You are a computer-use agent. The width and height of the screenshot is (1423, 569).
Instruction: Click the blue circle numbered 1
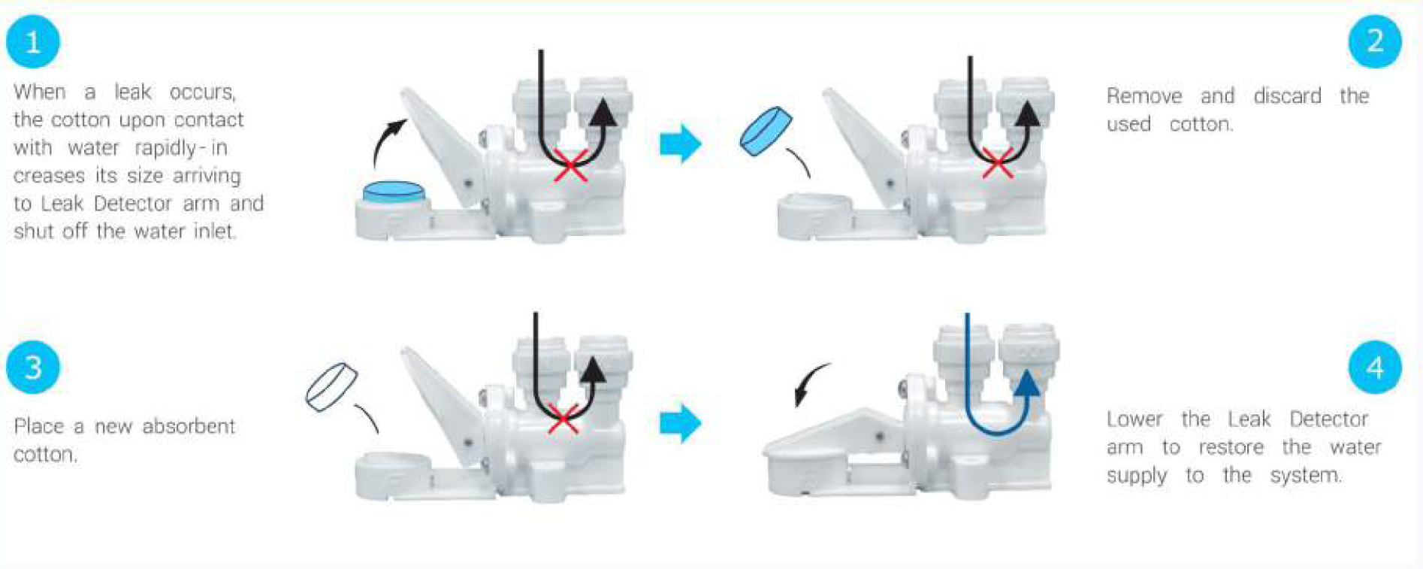coord(32,41)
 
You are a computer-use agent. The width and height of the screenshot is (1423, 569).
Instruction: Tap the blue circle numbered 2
coord(1375,41)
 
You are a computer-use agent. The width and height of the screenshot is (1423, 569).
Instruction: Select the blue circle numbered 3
coord(32,367)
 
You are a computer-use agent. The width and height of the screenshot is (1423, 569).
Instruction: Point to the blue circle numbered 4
coord(1375,367)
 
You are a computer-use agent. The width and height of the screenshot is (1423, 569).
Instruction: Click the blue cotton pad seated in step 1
coord(394,192)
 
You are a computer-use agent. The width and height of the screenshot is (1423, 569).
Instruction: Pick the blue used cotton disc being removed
coord(766,131)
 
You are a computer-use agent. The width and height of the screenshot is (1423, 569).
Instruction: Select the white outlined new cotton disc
coord(331,387)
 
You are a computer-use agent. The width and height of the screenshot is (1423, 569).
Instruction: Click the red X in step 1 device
coord(571,165)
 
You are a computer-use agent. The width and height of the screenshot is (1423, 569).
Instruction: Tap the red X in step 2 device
coord(998,162)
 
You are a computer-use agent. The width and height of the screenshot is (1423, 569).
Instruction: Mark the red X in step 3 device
coord(563,419)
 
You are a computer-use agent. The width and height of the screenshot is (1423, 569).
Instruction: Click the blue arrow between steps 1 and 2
coord(680,144)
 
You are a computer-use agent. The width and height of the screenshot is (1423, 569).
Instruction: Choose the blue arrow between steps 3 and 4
coord(680,423)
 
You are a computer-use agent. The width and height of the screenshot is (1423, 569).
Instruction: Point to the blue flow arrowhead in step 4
coord(1026,383)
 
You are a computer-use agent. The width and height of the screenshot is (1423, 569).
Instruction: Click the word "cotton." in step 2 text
coord(1201,124)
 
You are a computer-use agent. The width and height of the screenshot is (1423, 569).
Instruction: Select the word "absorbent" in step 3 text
coord(189,426)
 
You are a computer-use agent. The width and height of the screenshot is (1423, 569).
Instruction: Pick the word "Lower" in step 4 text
coord(1134,419)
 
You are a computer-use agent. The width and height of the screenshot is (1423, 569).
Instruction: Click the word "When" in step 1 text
coord(40,92)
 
